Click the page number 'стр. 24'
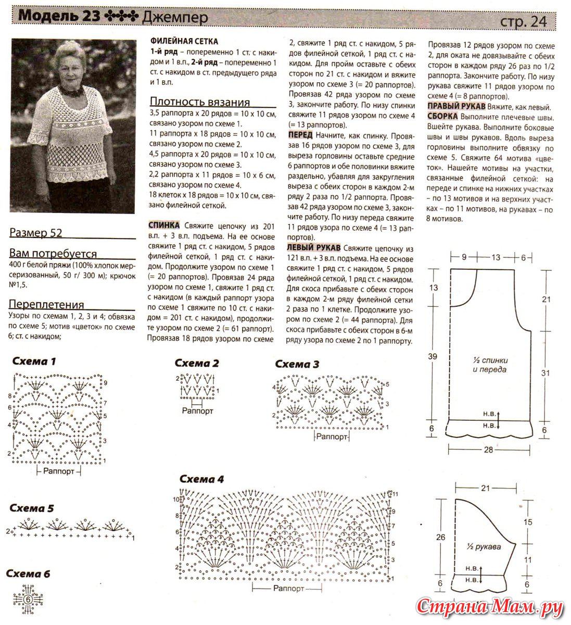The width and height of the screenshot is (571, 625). tap(523, 21)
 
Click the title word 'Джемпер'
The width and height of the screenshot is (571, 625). tap(174, 18)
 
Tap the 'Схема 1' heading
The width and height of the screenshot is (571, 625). tap(34, 361)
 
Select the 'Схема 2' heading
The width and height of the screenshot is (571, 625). tap(197, 363)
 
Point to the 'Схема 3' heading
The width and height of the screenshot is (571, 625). tap(297, 364)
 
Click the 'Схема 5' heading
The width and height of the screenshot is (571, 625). tap(32, 508)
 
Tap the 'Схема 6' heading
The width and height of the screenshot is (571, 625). tap(28, 574)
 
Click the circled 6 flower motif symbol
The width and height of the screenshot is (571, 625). tap(28, 599)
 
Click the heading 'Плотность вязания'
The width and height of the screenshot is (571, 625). tap(200, 102)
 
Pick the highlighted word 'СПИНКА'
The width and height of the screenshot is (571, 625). tap(164, 225)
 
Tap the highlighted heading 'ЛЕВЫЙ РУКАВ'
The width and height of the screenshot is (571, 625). tap(314, 247)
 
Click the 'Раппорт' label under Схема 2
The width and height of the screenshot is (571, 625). tap(197, 410)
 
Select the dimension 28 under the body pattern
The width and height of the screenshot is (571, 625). tap(488, 449)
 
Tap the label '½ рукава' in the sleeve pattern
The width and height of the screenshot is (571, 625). tap(484, 547)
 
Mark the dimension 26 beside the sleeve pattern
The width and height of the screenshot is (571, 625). tap(440, 537)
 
